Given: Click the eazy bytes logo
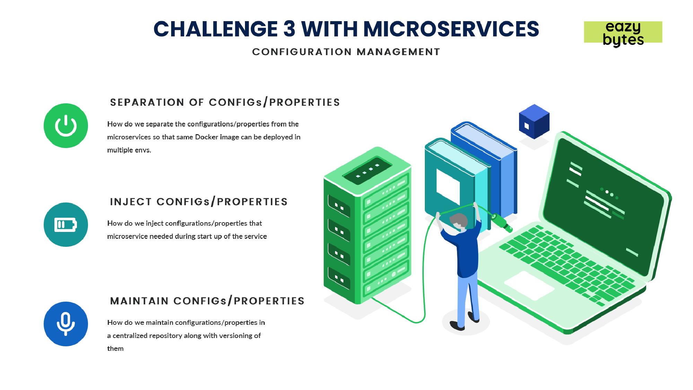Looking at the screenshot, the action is click(x=623, y=33).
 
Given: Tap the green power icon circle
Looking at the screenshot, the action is click(x=66, y=125).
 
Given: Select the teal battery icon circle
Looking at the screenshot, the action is click(x=66, y=225).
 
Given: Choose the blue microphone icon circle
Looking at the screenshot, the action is click(x=66, y=324).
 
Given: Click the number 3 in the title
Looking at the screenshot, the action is click(x=289, y=29).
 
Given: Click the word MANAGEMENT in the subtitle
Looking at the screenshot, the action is click(x=398, y=52).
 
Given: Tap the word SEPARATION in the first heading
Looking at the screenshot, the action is click(x=147, y=102).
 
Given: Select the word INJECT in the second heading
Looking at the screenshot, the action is click(x=131, y=202).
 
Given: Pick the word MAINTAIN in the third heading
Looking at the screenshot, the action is click(x=139, y=301).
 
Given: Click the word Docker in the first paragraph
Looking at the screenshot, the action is click(x=207, y=137).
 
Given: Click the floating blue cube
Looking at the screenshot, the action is click(x=534, y=121).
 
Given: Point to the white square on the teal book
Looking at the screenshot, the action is click(x=448, y=185).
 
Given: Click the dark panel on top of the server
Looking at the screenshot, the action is click(x=368, y=171).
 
